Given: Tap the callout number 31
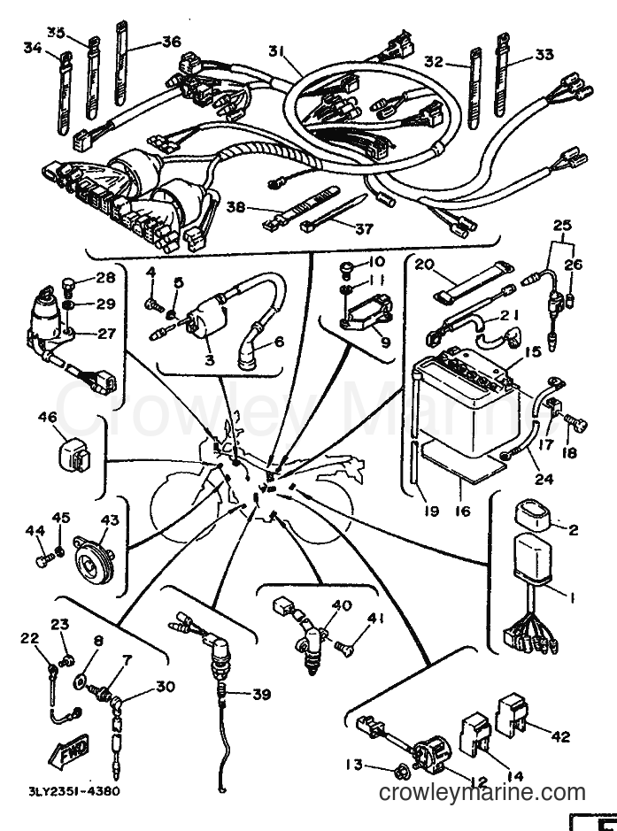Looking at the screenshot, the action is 276,51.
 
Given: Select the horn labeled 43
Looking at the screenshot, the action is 91,558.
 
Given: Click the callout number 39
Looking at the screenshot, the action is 262,694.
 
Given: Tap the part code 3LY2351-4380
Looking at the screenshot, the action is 74,792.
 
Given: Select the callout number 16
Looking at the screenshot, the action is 463,512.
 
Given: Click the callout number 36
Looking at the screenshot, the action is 172,41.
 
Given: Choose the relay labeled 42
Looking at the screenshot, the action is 512,712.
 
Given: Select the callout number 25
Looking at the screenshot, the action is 562,226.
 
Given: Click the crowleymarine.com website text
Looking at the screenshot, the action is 482,793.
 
